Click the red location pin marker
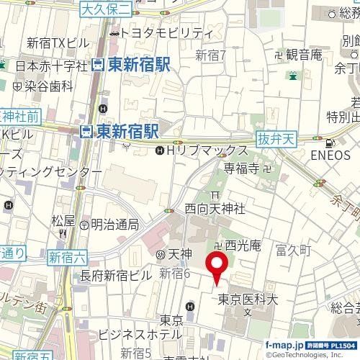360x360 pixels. click(x=217, y=266)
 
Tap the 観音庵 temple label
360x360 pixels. click(x=303, y=54)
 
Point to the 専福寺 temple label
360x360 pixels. click(x=240, y=170)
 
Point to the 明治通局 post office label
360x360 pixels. click(x=115, y=224)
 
